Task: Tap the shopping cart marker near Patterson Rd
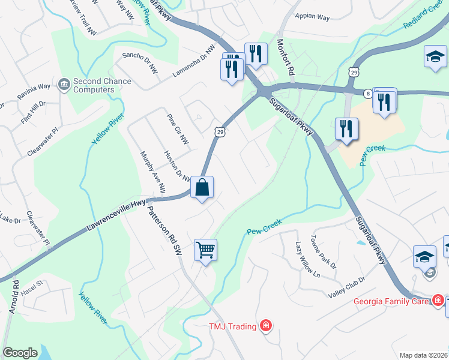click(x=205, y=250)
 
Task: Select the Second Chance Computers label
click(x=94, y=85)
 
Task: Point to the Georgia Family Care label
click(x=391, y=301)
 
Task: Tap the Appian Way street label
click(x=312, y=17)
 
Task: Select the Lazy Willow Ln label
click(x=306, y=259)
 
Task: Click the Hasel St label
click(x=32, y=284)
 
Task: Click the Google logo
click(x=20, y=352)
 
